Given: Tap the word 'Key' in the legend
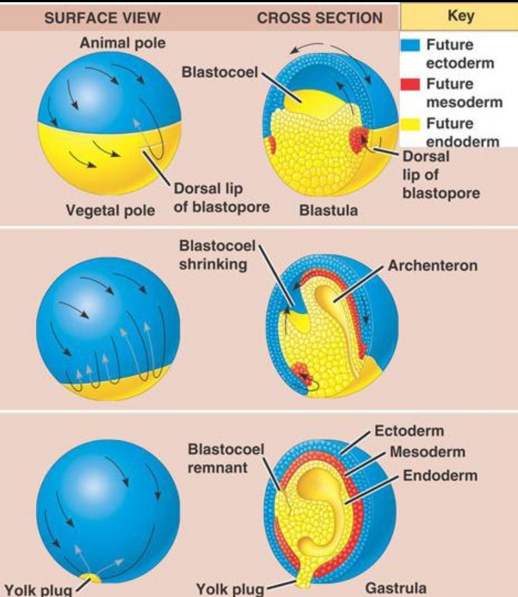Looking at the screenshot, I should click(460, 15).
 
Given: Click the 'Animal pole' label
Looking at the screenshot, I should click(122, 43).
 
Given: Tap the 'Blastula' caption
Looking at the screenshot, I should click(329, 210).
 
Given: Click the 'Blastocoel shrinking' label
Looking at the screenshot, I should click(214, 254).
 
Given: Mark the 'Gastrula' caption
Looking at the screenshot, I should click(396, 587).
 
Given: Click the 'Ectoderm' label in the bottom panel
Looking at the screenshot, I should click(410, 431).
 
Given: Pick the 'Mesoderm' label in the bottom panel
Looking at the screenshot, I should click(421, 453).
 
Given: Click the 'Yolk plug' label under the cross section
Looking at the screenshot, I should click(229, 588).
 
